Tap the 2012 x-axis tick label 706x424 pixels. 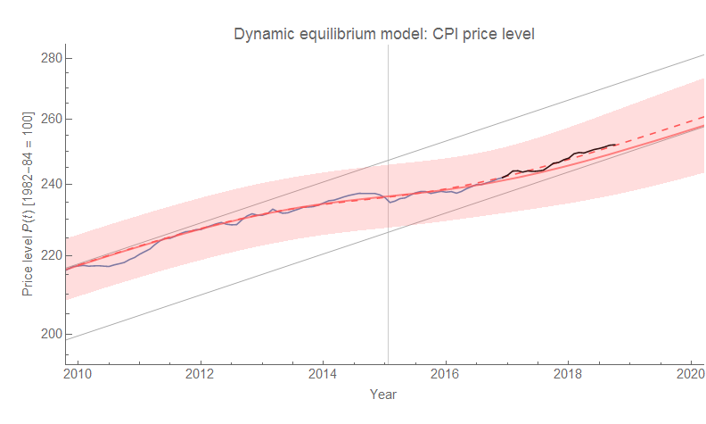(201, 373)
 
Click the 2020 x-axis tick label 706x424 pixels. (691, 373)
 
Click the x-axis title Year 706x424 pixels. (383, 394)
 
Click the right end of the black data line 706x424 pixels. (616, 145)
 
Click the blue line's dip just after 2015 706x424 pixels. (390, 203)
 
